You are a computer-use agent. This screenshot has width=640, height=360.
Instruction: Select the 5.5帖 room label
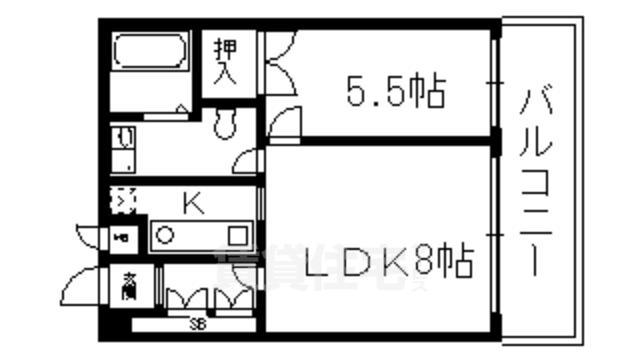396,92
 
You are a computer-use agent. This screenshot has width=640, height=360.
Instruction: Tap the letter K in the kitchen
192,204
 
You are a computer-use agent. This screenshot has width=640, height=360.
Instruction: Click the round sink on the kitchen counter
167,237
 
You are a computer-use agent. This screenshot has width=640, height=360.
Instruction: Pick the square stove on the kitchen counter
237,236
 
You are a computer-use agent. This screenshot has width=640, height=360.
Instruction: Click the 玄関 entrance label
131,286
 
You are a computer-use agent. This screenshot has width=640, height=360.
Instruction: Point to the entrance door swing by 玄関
80,285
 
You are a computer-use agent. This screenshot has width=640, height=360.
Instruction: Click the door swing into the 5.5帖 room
283,118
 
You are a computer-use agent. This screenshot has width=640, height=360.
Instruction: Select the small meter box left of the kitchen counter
121,238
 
